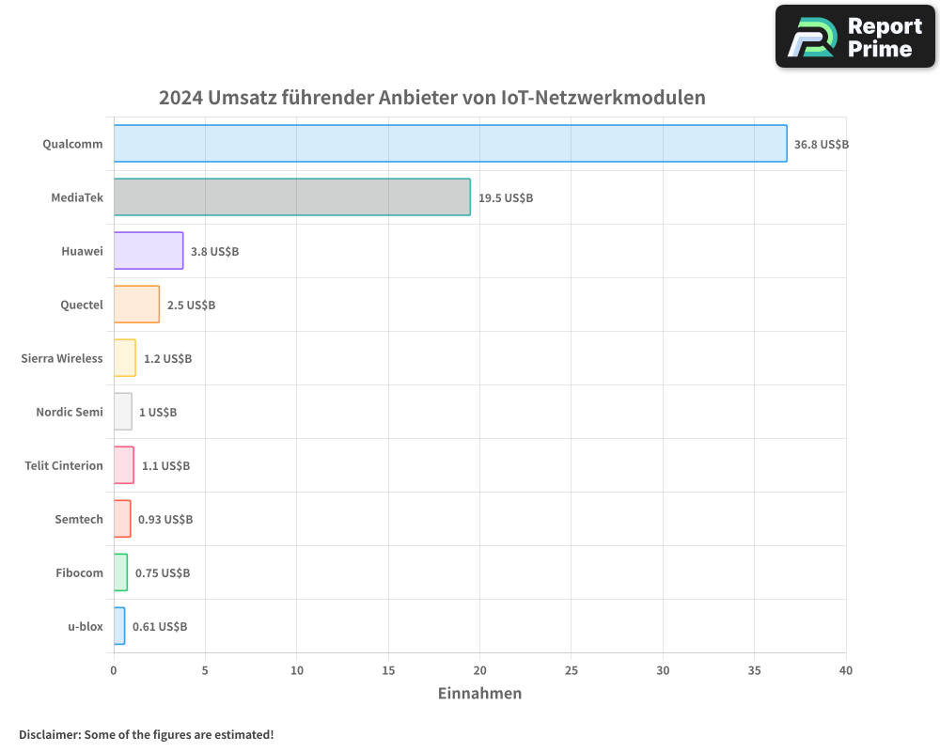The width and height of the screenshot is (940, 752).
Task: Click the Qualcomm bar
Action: point(450,144)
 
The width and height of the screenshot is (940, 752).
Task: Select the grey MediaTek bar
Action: point(291,197)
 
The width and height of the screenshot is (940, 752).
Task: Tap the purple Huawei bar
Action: point(149,251)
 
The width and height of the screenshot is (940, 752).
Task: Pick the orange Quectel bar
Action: point(136,305)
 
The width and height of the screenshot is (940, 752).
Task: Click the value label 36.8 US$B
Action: point(821,145)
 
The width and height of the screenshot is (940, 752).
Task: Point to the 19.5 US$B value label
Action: point(505,198)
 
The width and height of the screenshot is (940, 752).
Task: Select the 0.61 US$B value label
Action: point(159,627)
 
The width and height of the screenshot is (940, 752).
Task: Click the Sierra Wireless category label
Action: point(62,358)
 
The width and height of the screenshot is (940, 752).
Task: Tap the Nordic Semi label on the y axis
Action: point(70,412)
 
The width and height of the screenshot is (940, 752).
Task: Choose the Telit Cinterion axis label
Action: point(64,465)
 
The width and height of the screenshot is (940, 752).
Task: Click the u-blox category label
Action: point(85,626)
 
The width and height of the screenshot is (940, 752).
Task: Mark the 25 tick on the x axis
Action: point(572,671)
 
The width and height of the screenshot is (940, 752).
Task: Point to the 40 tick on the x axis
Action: point(846,671)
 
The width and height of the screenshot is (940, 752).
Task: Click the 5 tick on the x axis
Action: point(205,671)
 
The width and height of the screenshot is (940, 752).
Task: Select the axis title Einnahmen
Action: point(479,694)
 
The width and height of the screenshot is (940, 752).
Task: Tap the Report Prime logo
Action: point(855,37)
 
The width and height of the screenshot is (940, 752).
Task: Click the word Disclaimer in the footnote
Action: point(49,734)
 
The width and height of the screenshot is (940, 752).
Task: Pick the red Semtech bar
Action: point(122,519)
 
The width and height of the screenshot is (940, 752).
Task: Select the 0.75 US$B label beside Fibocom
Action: point(163,573)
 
